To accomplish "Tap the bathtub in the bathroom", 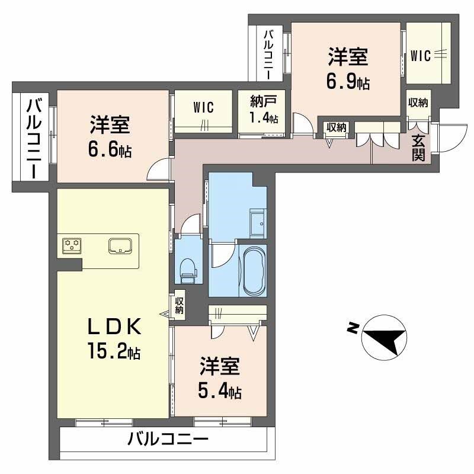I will pyautogui.click(x=252, y=271).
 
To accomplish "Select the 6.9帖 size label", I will pyautogui.click(x=348, y=82).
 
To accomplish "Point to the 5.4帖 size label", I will pyautogui.click(x=219, y=392).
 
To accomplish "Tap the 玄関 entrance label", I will pyautogui.click(x=419, y=148).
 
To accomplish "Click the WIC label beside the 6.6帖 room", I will pyautogui.click(x=203, y=107).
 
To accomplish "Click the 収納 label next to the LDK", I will pyautogui.click(x=180, y=305).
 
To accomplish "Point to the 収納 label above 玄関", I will pyautogui.click(x=418, y=102).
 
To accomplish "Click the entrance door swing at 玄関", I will pyautogui.click(x=448, y=137).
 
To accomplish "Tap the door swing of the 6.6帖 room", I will pyautogui.click(x=159, y=172).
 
